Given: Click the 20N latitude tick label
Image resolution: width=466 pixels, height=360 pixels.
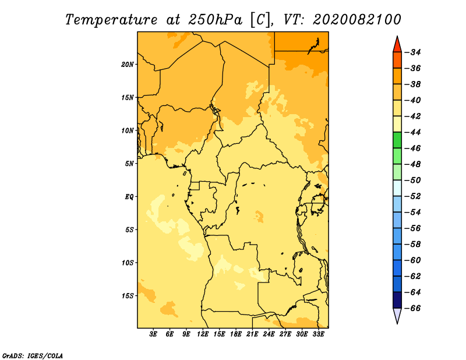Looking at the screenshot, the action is (127, 65).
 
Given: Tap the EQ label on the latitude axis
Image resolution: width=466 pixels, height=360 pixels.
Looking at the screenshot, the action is (129, 197).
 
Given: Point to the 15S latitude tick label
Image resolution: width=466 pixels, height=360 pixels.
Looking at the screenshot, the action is (127, 296).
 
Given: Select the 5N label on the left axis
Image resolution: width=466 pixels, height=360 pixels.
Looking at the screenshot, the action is (129, 164).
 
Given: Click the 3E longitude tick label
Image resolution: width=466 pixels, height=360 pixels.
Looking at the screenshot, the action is (153, 334).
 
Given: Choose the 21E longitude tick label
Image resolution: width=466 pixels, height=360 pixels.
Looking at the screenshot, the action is (252, 334).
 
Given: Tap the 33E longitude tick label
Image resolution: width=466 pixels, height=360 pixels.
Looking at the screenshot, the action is (318, 334).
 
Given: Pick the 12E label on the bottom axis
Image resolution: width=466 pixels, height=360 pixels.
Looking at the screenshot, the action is (203, 334).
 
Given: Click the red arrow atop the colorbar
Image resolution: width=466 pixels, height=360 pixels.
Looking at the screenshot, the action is (397, 45).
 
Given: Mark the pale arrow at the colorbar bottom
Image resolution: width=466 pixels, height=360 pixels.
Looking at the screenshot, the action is (397, 315).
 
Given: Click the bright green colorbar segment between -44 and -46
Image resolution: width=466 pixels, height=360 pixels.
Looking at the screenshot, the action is (397, 140).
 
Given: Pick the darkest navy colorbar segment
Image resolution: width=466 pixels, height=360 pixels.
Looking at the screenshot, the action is (397, 300).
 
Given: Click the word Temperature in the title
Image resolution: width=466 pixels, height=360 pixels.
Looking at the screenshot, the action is (111, 20).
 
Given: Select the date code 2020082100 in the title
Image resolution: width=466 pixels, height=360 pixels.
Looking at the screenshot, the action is (357, 20).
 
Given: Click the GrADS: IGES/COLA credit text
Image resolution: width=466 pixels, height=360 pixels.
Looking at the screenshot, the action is (33, 355).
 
